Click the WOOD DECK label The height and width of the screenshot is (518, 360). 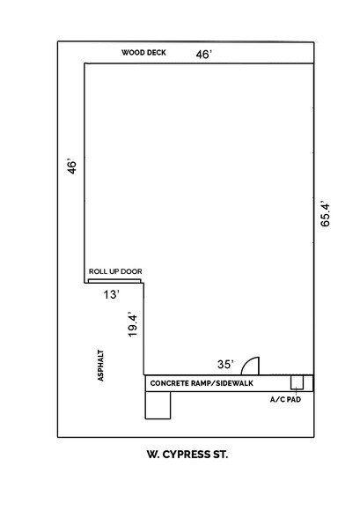pyautogui.click(x=144, y=53)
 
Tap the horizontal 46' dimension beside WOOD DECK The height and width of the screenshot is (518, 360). pyautogui.click(x=203, y=54)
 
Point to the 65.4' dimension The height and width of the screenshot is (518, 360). pyautogui.click(x=326, y=214)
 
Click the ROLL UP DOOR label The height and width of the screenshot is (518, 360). pyautogui.click(x=115, y=271)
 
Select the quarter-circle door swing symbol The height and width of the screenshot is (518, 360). pyautogui.click(x=250, y=366)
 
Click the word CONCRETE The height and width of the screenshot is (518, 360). pyautogui.click(x=170, y=384)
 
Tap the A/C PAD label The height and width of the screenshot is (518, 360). pyautogui.click(x=284, y=399)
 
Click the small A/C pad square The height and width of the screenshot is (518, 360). pyautogui.click(x=298, y=382)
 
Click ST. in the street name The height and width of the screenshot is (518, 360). pyautogui.click(x=232, y=455)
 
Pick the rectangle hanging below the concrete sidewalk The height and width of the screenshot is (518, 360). pyautogui.click(x=158, y=404)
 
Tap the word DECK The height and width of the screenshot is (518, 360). pyautogui.click(x=157, y=53)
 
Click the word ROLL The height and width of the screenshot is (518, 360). pyautogui.click(x=97, y=271)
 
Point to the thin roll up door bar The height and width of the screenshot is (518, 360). pyautogui.click(x=115, y=282)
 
